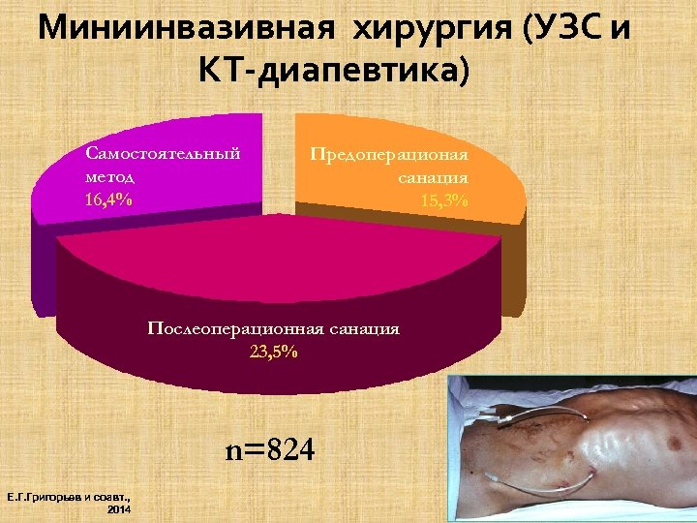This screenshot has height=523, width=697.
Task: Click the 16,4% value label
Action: click(x=109, y=200)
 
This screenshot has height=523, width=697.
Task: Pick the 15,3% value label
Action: click(x=444, y=200)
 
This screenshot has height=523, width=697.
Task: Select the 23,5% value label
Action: click(x=274, y=352)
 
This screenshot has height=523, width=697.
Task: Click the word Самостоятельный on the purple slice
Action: click(x=163, y=153)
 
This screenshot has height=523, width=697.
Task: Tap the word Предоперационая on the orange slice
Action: click(x=389, y=154)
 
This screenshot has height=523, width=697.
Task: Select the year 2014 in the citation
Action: click(x=119, y=509)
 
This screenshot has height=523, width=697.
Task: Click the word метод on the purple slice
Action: click(x=109, y=176)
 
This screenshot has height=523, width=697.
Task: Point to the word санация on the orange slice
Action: click(x=433, y=177)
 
